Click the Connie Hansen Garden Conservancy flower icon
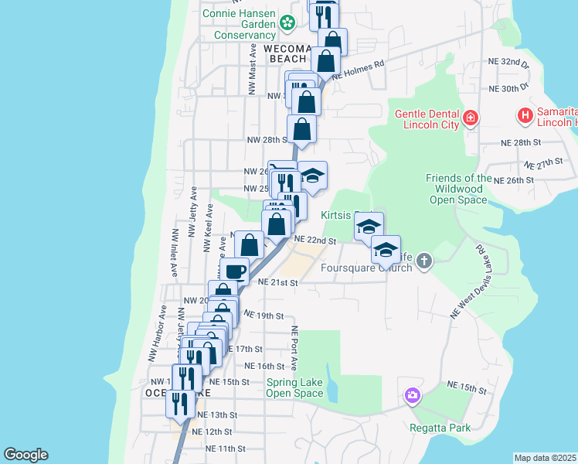(287, 23)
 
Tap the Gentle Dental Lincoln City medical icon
(471, 119)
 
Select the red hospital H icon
(525, 117)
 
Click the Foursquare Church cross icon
(423, 261)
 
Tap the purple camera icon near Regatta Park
(413, 396)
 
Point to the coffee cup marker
(234, 271)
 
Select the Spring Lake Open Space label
(294, 387)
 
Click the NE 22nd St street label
(314, 241)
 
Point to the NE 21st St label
(277, 283)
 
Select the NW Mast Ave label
(253, 69)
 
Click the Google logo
(25, 455)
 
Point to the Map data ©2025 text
(545, 458)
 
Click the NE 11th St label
(226, 449)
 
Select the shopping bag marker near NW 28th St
(301, 129)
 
